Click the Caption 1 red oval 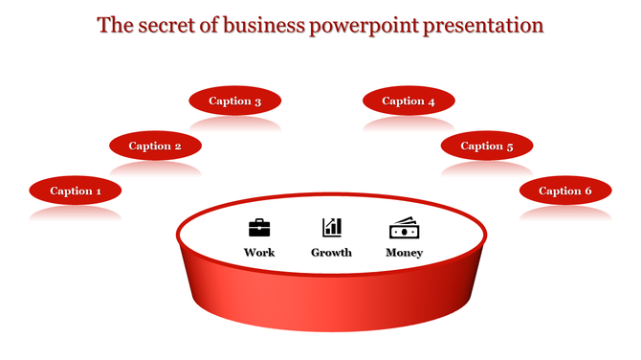click(x=76, y=191)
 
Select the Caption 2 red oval click(x=155, y=146)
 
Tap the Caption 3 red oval click(x=235, y=101)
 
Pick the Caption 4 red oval click(x=409, y=101)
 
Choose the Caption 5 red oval click(x=487, y=146)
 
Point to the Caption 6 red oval click(x=565, y=191)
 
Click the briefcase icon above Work click(x=259, y=228)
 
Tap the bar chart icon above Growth click(x=332, y=227)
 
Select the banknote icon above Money click(x=404, y=228)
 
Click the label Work click(x=259, y=253)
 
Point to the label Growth click(x=332, y=253)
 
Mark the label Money click(x=404, y=253)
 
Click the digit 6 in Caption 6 click(x=587, y=191)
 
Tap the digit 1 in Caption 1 click(x=98, y=191)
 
